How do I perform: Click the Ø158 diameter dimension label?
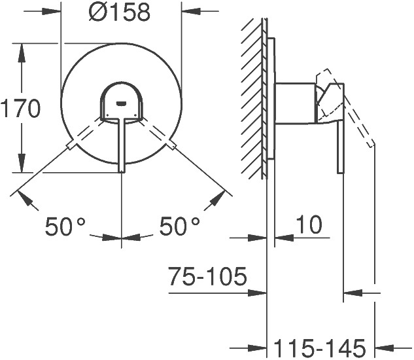[119, 12]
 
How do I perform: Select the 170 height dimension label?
[20, 109]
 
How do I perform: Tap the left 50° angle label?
[65, 226]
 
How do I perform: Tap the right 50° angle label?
[180, 226]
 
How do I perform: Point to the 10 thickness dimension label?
[309, 225]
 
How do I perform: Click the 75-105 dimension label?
[208, 276]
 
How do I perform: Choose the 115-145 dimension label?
[320, 348]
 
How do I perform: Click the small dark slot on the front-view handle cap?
[121, 103]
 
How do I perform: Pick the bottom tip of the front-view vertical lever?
[122, 172]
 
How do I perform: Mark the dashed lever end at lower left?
[71, 145]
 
